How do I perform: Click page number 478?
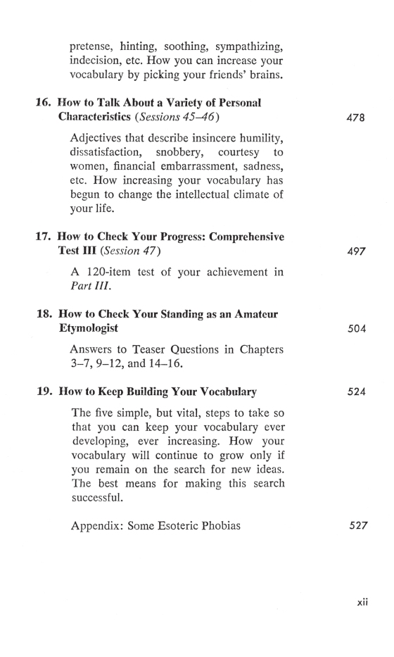(356, 118)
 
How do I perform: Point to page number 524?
(356, 392)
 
